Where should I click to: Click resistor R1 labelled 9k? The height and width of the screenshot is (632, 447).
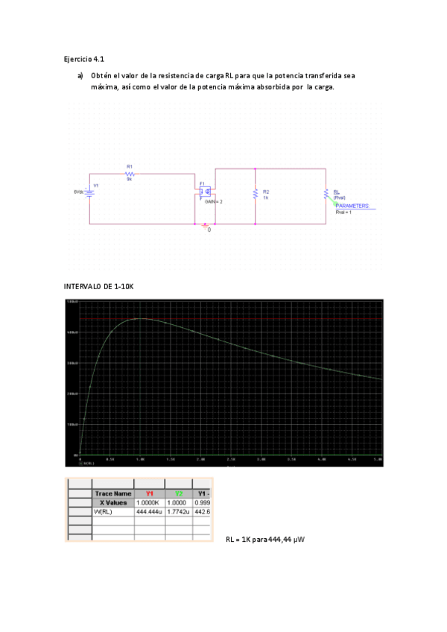[130, 173]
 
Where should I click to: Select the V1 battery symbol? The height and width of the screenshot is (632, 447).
[89, 191]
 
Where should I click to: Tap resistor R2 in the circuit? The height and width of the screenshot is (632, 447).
[256, 194]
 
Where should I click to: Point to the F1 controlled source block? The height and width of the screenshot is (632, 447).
[205, 192]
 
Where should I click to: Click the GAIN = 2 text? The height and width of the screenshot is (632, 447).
[214, 202]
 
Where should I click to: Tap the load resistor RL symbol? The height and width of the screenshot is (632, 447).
[326, 194]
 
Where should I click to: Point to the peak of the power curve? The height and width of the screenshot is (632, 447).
[139, 319]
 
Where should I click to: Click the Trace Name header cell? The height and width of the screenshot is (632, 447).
[112, 493]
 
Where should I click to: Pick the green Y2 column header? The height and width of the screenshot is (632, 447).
[179, 493]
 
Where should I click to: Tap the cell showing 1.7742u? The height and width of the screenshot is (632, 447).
[179, 513]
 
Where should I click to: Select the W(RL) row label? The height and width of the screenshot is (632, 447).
[104, 513]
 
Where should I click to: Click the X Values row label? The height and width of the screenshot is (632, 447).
[115, 503]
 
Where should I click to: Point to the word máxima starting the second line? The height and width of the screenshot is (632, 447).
[105, 87]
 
